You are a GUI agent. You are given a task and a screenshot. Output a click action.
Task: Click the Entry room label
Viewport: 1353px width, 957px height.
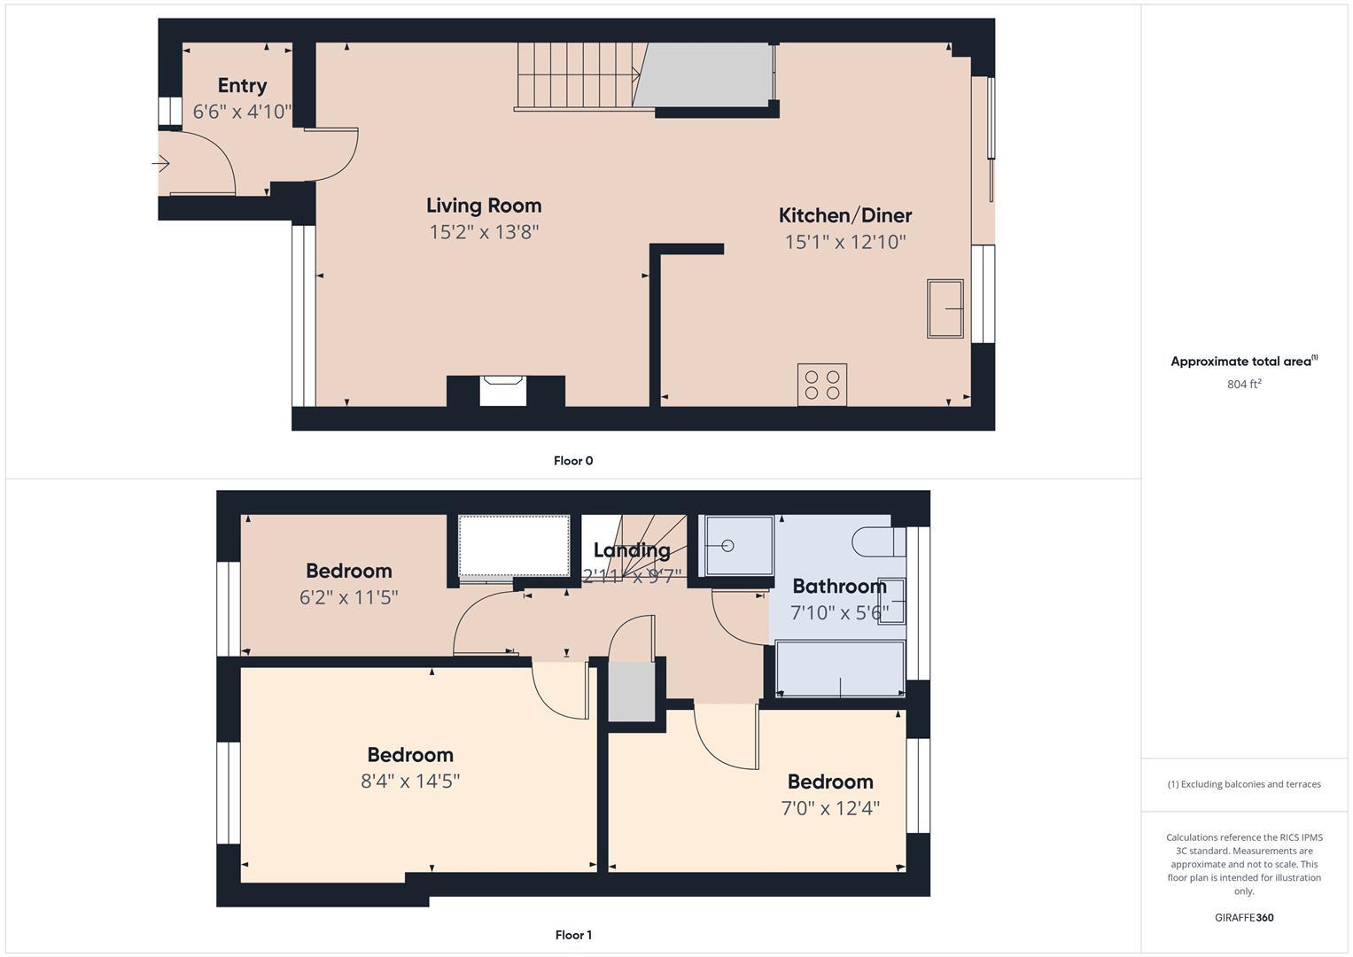[242, 85]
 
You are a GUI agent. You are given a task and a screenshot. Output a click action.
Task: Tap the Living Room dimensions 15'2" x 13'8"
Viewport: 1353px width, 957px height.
[484, 232]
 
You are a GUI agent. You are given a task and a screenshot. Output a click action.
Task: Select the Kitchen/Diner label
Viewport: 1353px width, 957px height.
[844, 215]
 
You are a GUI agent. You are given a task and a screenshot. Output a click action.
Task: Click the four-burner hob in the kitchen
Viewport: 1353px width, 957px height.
[821, 385]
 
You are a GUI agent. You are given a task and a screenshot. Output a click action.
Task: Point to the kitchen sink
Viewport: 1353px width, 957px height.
[945, 308]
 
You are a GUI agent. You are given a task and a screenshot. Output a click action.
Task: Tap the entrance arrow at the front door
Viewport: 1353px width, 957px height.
[161, 164]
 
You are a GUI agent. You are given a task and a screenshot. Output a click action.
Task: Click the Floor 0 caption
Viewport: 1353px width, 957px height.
[572, 461]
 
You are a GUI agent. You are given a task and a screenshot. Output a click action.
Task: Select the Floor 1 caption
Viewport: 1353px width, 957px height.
[572, 935]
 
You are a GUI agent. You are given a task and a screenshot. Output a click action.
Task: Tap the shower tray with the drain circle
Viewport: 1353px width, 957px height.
[738, 545]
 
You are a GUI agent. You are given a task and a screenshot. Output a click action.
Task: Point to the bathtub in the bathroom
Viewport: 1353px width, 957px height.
[839, 669]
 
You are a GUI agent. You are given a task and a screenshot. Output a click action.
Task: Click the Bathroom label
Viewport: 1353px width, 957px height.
[838, 586]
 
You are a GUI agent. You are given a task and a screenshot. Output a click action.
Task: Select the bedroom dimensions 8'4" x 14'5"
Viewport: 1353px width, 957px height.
[410, 782]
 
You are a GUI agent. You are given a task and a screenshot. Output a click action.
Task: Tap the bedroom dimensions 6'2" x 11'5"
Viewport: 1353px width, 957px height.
[348, 597]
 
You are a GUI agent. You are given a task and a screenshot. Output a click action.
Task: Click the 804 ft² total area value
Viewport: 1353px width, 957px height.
[1243, 385]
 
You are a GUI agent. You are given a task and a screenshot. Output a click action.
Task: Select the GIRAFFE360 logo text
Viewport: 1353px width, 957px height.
[1243, 917]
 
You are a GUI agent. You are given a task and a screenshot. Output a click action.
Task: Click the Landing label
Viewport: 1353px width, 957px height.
[631, 550]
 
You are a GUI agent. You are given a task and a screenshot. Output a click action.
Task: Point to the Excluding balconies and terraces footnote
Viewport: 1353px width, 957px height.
[1243, 784]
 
